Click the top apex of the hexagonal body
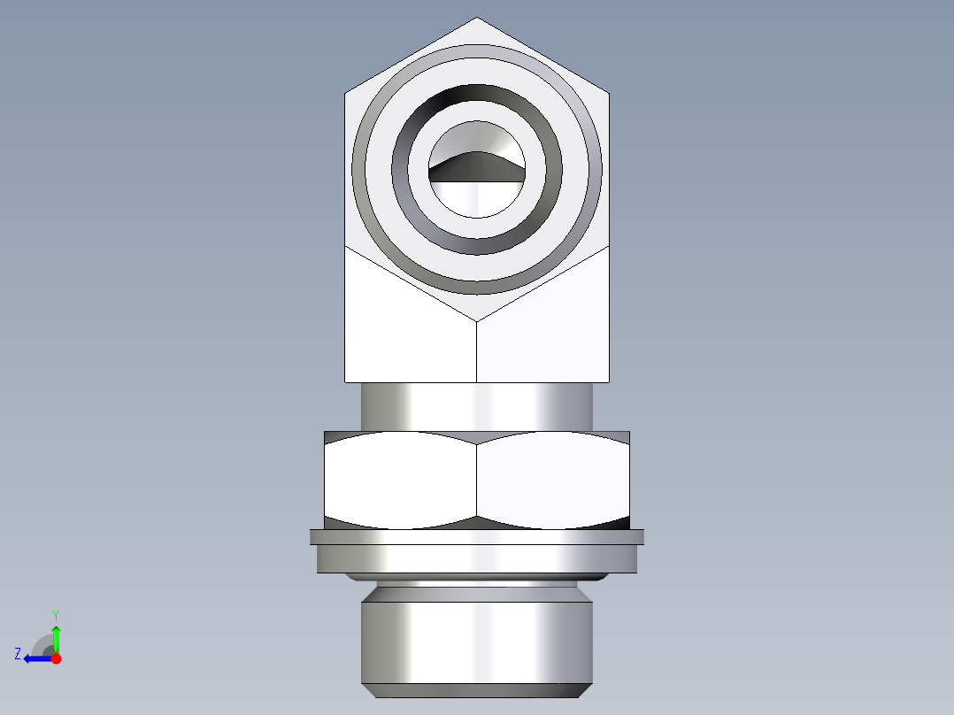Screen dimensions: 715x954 click(x=477, y=19)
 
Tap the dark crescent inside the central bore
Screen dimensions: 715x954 click(x=477, y=165)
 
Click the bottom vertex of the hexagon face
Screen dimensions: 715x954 click(x=477, y=320)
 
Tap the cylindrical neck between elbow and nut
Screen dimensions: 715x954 click(x=477, y=406)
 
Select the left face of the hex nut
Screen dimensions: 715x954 click(x=400, y=480)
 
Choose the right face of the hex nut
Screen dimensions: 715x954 click(x=553, y=480)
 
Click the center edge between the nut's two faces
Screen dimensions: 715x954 click(x=477, y=480)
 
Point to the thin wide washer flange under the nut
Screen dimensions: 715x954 click(x=477, y=536)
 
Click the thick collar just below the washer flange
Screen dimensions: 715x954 click(x=477, y=559)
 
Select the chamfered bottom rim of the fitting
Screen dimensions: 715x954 click(x=477, y=690)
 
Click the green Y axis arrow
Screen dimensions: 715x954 click(x=56, y=635)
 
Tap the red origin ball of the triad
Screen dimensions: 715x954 click(x=56, y=658)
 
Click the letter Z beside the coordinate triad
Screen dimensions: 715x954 click(x=18, y=654)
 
